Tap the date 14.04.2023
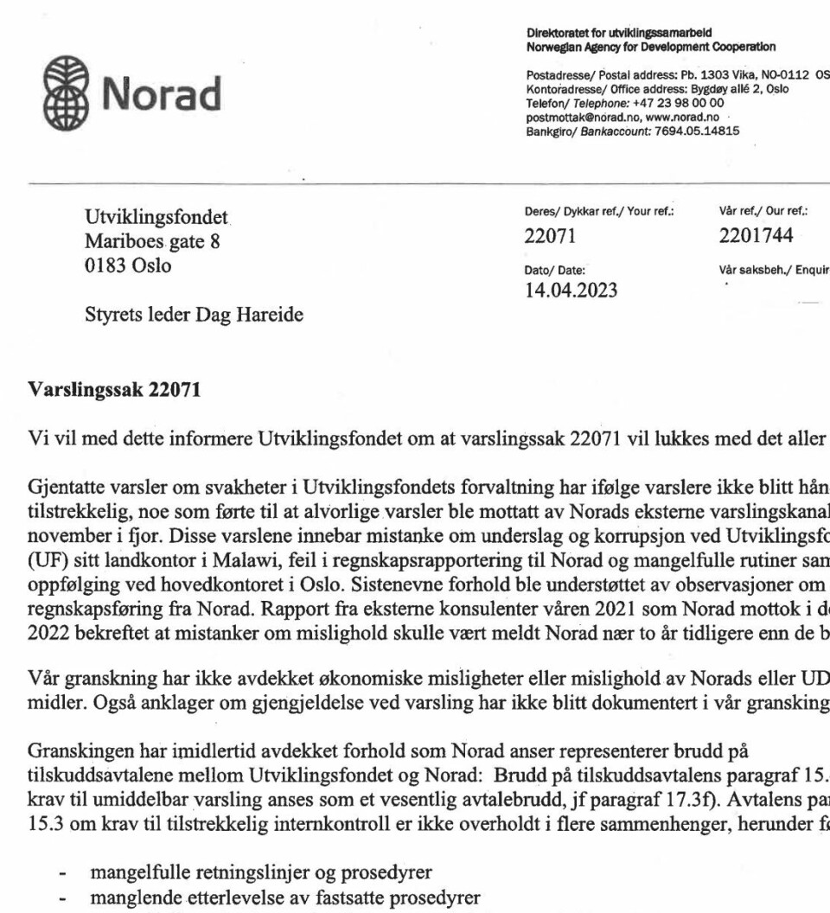coord(570,289)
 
